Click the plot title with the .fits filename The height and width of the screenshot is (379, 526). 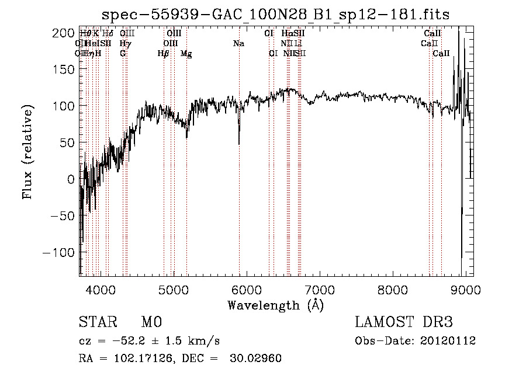(x=275, y=14)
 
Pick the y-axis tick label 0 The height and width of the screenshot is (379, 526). (x=70, y=179)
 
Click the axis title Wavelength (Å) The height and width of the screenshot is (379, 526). (x=275, y=305)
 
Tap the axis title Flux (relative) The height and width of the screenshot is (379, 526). (x=28, y=154)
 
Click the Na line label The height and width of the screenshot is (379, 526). (x=238, y=44)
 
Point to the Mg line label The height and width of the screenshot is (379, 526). (x=186, y=54)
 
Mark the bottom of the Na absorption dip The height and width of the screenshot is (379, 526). (x=239, y=144)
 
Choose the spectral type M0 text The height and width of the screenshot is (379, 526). (x=151, y=322)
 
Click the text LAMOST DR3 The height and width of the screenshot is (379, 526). (x=404, y=322)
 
